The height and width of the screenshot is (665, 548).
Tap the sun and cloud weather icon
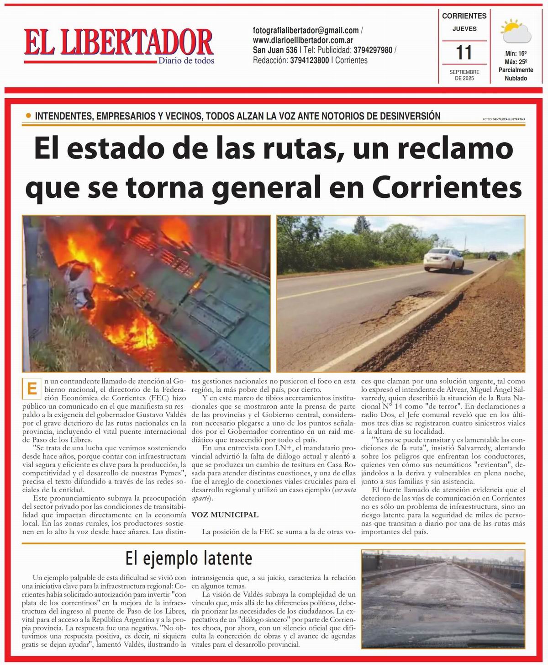point(516,32)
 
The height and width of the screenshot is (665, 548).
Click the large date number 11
point(464,52)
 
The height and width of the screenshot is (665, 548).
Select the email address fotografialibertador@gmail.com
point(306,31)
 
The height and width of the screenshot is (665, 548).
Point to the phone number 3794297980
point(373,50)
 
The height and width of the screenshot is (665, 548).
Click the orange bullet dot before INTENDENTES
point(29,117)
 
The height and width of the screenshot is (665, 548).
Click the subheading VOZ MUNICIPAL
point(225,515)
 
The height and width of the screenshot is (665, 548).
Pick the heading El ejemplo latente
point(189,558)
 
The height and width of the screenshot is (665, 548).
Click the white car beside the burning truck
point(77,285)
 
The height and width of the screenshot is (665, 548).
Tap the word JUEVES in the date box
point(464,29)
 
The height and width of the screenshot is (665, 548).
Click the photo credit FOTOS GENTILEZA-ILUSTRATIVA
point(503,119)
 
